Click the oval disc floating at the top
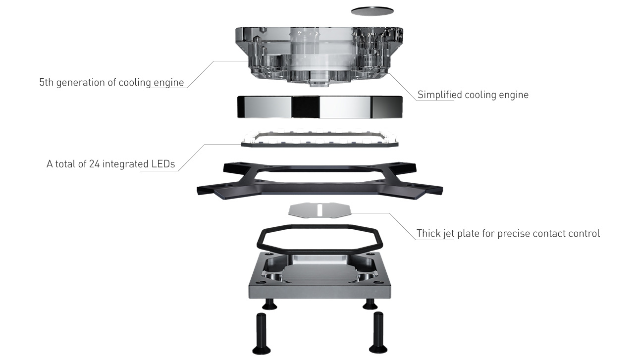[x=373, y=11]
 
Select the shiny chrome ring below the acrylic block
[x=320, y=107]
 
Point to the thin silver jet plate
[x=320, y=210]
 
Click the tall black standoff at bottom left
[x=262, y=334]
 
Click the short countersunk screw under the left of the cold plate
[x=269, y=304]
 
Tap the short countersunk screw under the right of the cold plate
[x=370, y=304]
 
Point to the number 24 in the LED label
[x=94, y=164]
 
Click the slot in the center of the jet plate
[x=320, y=210]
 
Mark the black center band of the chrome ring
[x=305, y=107]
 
